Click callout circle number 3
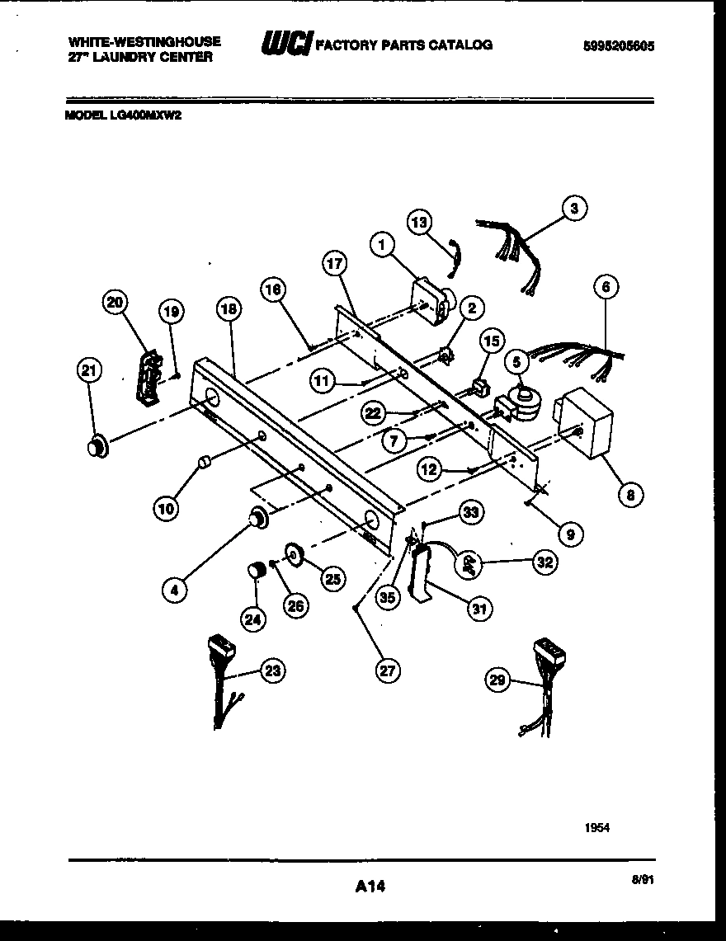(x=575, y=209)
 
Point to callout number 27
(x=387, y=670)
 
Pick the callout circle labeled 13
(x=420, y=222)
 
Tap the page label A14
(x=370, y=887)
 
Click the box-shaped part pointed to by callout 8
(x=586, y=422)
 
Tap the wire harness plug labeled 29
(x=549, y=655)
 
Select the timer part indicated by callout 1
(x=430, y=301)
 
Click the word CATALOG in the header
(x=457, y=45)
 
